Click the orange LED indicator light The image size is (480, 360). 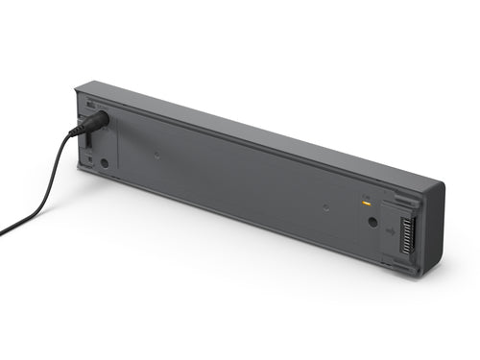[x=366, y=204]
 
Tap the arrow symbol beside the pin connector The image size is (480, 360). [x=393, y=230]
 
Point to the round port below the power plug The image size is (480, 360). [x=105, y=162]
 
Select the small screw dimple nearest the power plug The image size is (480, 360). [x=156, y=152]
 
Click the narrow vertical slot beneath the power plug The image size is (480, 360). [x=88, y=141]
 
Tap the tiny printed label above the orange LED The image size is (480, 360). [x=365, y=196]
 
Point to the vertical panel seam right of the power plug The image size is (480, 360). [x=119, y=144]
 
